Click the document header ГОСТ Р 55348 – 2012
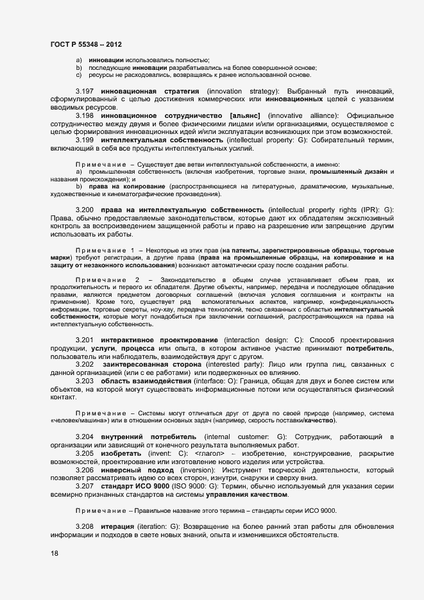tap(86, 44)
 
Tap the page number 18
tap(55, 553)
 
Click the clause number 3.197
tap(85, 91)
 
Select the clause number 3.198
tap(85, 115)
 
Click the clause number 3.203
tap(85, 381)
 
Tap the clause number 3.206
tap(85, 470)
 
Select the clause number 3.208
tap(85, 526)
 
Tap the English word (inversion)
tap(191, 470)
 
